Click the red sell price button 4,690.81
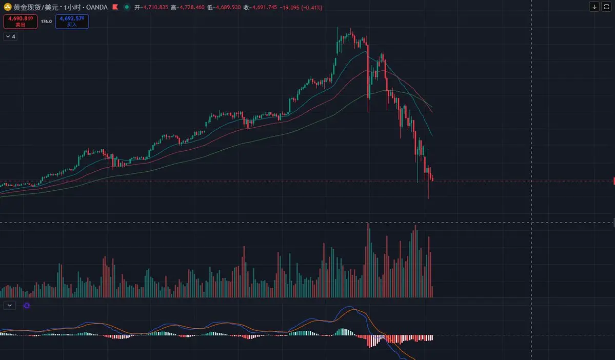tap(21, 21)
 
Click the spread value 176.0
tap(46, 22)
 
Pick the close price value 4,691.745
tap(262, 7)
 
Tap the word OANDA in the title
tap(97, 7)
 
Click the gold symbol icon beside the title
tap(8, 7)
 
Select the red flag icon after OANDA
tap(115, 7)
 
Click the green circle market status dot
tap(127, 7)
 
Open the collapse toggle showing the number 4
tap(10, 36)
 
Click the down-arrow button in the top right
tap(594, 7)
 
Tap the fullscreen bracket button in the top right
tap(606, 7)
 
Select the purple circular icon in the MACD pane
tap(27, 306)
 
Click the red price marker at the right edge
tap(613, 181)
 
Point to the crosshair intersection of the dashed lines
tap(531, 222)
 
